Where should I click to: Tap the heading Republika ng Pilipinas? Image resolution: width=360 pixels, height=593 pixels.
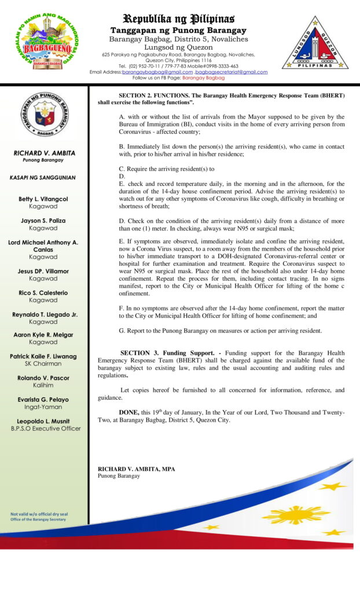pos(178,18)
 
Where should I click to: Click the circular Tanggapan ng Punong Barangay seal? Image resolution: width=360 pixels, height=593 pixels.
pos(44,114)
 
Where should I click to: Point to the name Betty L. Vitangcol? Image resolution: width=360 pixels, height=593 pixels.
pos(43,199)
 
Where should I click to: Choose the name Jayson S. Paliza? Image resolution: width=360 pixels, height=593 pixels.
pos(43,221)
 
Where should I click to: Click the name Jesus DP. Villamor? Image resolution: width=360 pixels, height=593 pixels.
pos(43,271)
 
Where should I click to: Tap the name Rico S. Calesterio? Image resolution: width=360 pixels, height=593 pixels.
pos(43,293)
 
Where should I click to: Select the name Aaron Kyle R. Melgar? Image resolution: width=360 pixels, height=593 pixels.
pos(43,335)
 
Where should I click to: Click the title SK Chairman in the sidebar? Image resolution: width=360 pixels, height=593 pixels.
pos(43,364)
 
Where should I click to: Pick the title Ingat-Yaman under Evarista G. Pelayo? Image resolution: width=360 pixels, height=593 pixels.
pos(43,407)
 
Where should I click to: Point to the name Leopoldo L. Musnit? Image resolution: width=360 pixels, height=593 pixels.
pos(43,421)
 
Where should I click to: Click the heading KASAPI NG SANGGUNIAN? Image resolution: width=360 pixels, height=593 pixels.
pos(44,178)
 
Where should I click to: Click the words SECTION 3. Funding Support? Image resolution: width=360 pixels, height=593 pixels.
pos(163,353)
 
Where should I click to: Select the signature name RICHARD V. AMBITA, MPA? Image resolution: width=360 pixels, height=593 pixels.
pos(136,468)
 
